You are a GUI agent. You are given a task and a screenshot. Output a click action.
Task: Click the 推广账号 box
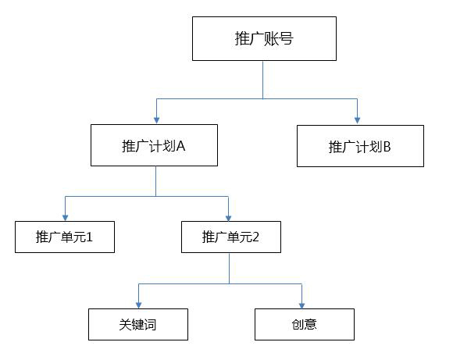coord(264,38)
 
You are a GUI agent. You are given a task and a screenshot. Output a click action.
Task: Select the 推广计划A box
coord(154,144)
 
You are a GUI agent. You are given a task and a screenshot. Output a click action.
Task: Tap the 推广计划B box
coord(360,145)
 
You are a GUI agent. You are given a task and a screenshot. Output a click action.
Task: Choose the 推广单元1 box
coord(65,237)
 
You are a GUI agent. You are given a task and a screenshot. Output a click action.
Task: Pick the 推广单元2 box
coord(230,237)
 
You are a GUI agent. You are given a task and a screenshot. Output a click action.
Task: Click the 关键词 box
coord(138,324)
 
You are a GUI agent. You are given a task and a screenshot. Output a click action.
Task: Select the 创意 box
coord(305,324)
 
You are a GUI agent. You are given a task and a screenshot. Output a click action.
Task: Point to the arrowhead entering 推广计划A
coord(156,119)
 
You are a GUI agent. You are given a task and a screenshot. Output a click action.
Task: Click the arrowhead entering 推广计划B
coord(358,119)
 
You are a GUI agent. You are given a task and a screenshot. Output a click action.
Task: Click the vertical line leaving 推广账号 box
coord(263,79)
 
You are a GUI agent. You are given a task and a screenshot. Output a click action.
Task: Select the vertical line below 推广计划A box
coord(155,180)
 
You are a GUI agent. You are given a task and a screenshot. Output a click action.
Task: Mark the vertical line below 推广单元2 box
coord(229,267)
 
